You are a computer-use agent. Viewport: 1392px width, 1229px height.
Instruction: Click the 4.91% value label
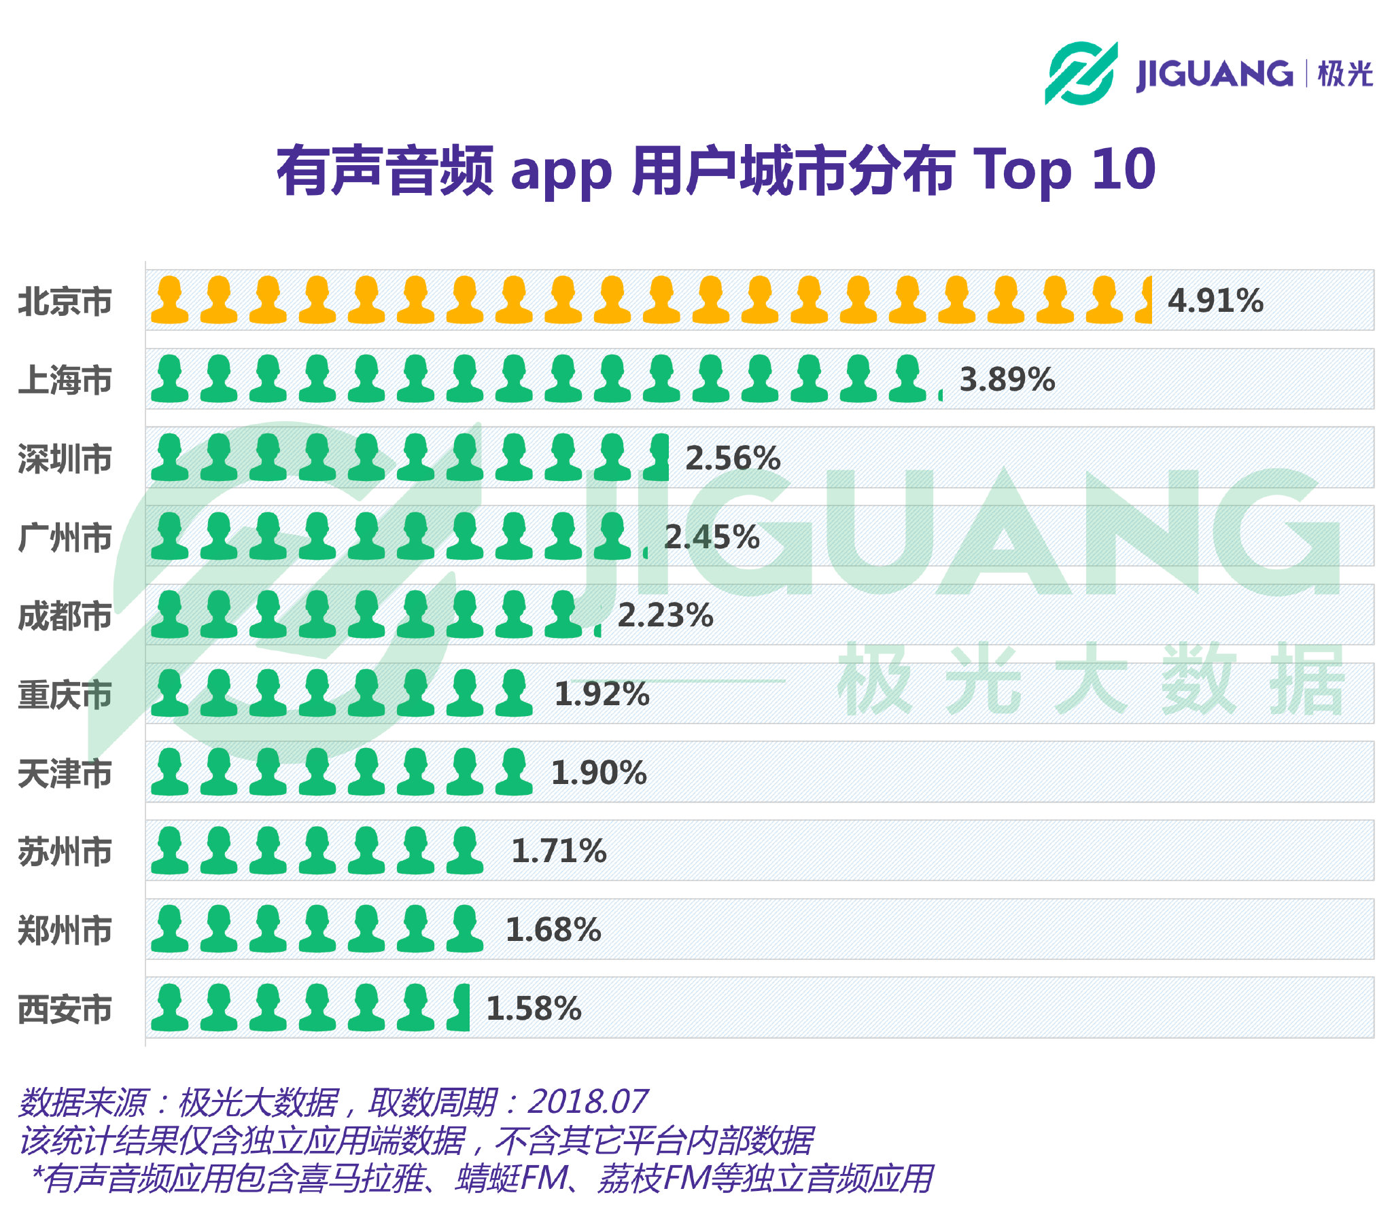click(x=1215, y=301)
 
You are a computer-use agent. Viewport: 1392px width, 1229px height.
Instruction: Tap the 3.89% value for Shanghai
click(x=1007, y=380)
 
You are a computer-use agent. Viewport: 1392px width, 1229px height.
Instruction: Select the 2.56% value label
click(x=732, y=458)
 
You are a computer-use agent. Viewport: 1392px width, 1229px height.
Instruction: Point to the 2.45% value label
click(x=711, y=537)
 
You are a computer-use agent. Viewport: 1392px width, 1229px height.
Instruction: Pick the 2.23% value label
click(x=665, y=616)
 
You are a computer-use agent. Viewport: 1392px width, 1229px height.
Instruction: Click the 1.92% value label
click(x=602, y=694)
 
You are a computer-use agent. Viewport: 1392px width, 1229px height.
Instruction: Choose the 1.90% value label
click(x=598, y=773)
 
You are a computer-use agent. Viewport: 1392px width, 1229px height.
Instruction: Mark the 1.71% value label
click(x=559, y=851)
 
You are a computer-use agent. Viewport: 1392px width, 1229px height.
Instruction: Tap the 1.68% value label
click(x=553, y=930)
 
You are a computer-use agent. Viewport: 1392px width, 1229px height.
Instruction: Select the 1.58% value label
click(x=534, y=1009)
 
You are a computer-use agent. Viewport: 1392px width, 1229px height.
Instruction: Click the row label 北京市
click(x=65, y=302)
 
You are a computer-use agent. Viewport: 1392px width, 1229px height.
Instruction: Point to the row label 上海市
click(x=65, y=380)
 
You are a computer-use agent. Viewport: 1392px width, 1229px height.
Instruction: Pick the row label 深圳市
click(x=65, y=459)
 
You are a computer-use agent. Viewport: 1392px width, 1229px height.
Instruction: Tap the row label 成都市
click(x=65, y=616)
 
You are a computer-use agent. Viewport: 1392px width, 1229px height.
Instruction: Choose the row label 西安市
click(x=65, y=1010)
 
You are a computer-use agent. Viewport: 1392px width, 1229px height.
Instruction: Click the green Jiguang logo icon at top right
click(x=1081, y=73)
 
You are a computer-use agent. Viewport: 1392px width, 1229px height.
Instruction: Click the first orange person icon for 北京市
click(x=169, y=300)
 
